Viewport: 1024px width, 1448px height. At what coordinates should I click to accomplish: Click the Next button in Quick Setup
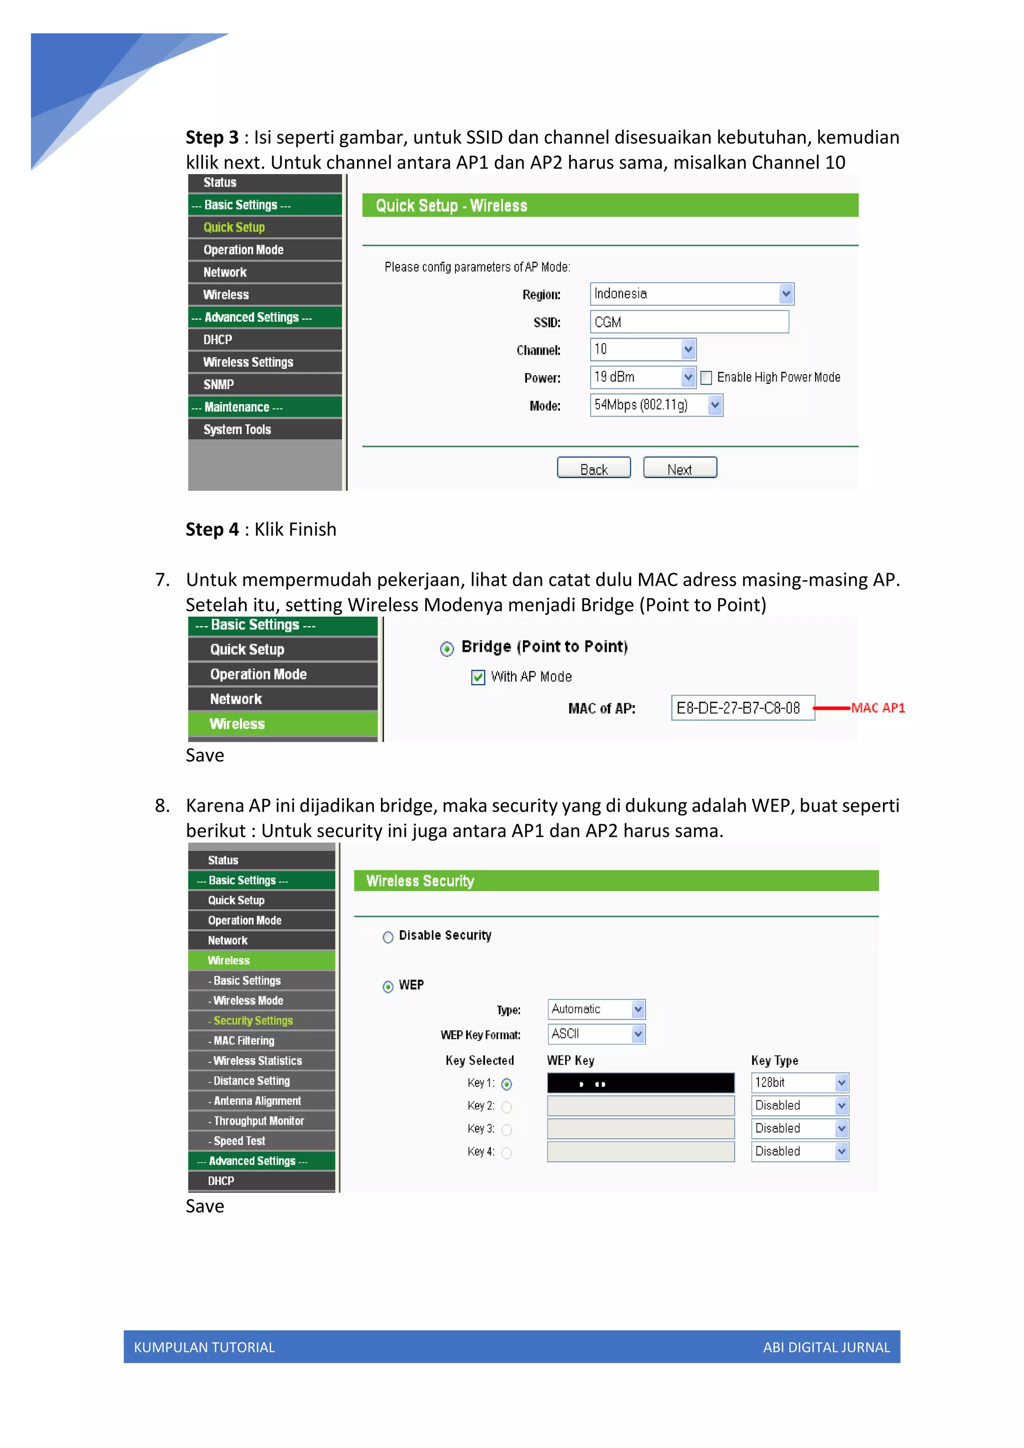click(x=679, y=468)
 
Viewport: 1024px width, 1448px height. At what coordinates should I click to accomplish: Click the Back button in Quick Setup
click(x=593, y=468)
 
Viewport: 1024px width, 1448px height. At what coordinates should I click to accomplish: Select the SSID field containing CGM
click(x=689, y=322)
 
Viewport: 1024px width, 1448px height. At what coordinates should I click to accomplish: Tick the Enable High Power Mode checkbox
click(x=706, y=378)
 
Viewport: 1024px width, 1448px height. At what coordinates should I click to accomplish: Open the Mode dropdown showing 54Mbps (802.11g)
click(x=656, y=405)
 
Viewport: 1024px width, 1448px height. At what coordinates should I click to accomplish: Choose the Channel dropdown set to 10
click(x=643, y=350)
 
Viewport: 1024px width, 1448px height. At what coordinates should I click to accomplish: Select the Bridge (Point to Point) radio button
click(x=447, y=649)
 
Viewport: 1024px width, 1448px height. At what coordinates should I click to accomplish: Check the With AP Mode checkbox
click(x=478, y=677)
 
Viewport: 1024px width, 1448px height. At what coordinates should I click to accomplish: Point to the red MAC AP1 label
click(x=877, y=708)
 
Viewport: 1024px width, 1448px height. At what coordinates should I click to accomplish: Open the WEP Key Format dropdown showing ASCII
click(x=596, y=1034)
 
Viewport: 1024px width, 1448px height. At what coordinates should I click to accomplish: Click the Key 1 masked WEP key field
click(x=640, y=1083)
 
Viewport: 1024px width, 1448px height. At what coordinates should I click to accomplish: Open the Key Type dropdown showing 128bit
click(x=799, y=1083)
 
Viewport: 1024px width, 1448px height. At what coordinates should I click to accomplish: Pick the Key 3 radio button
click(x=506, y=1129)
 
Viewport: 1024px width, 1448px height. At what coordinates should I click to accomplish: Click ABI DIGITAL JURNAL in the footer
click(x=826, y=1347)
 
